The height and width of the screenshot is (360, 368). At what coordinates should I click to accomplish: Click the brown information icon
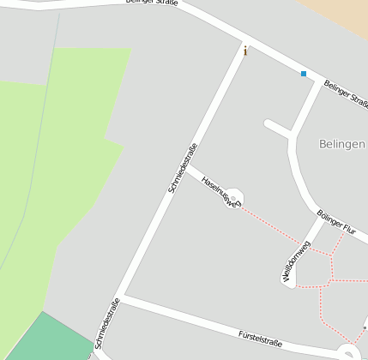pyautogui.click(x=245, y=51)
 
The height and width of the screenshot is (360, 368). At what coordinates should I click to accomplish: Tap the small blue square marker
pyautogui.click(x=303, y=74)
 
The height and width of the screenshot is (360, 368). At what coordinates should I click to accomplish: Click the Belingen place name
pyautogui.click(x=341, y=143)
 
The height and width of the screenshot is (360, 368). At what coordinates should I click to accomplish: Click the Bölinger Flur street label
pyautogui.click(x=335, y=222)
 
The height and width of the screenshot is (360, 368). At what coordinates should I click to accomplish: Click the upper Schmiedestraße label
pyautogui.click(x=183, y=167)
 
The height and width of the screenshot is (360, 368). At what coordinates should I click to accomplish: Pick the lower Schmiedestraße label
pyautogui.click(x=108, y=323)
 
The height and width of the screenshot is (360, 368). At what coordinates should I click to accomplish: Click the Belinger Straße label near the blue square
pyautogui.click(x=346, y=93)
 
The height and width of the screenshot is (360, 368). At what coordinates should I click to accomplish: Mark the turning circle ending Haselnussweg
pyautogui.click(x=232, y=199)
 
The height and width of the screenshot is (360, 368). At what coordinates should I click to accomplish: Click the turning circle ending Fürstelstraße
pyautogui.click(x=347, y=352)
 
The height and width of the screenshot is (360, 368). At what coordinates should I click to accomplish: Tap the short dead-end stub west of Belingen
pyautogui.click(x=278, y=129)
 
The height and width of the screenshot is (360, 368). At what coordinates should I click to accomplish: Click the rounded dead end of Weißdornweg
pyautogui.click(x=289, y=282)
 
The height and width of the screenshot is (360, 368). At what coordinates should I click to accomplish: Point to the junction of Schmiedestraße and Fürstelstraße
pyautogui.click(x=122, y=298)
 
